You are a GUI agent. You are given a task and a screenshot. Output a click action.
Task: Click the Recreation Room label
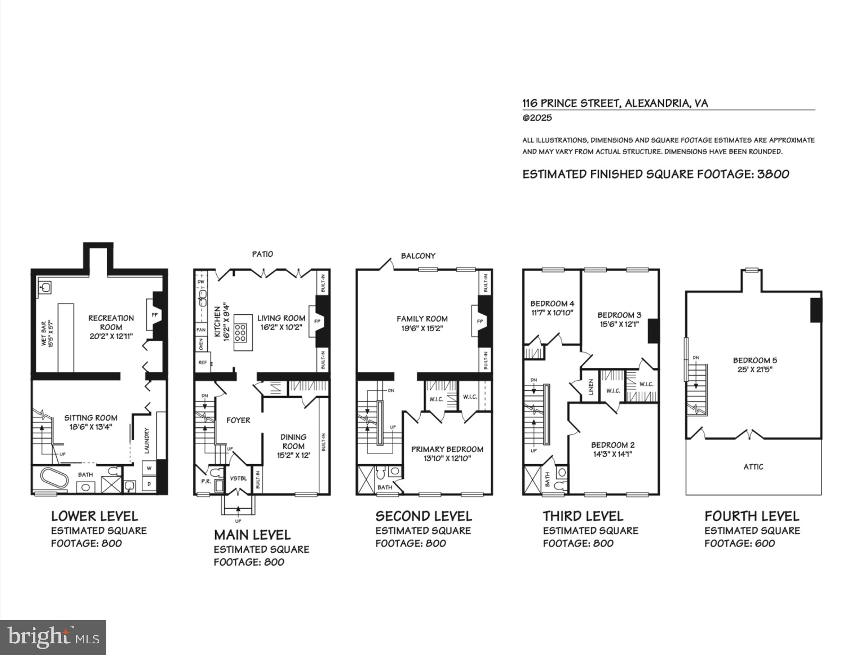pos(111,323)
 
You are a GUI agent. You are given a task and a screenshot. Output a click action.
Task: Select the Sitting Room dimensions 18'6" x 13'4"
pos(91,426)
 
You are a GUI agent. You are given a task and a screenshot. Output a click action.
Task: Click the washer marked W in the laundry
pos(149,468)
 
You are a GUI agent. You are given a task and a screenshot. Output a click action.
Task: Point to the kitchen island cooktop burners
pos(240,332)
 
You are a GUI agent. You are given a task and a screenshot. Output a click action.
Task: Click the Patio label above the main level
pos(262,254)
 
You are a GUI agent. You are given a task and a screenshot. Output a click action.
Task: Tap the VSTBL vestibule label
pos(239,478)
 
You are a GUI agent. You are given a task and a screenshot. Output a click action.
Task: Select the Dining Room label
pos(293,441)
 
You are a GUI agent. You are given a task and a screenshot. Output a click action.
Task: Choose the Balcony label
pos(418,256)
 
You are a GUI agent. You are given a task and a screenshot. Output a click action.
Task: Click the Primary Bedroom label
pos(447,449)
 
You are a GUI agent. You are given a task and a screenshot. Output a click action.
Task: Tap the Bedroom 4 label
pos(552,304)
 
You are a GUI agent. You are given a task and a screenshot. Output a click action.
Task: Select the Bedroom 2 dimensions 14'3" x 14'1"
pos(613,455)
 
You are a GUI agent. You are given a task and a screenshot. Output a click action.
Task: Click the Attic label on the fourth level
pos(753,467)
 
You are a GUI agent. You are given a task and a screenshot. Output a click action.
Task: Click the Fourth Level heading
pos(751,516)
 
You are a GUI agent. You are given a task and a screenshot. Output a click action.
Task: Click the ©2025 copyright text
pos(537,118)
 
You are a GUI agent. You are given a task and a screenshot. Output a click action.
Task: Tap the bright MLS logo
pos(53,637)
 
